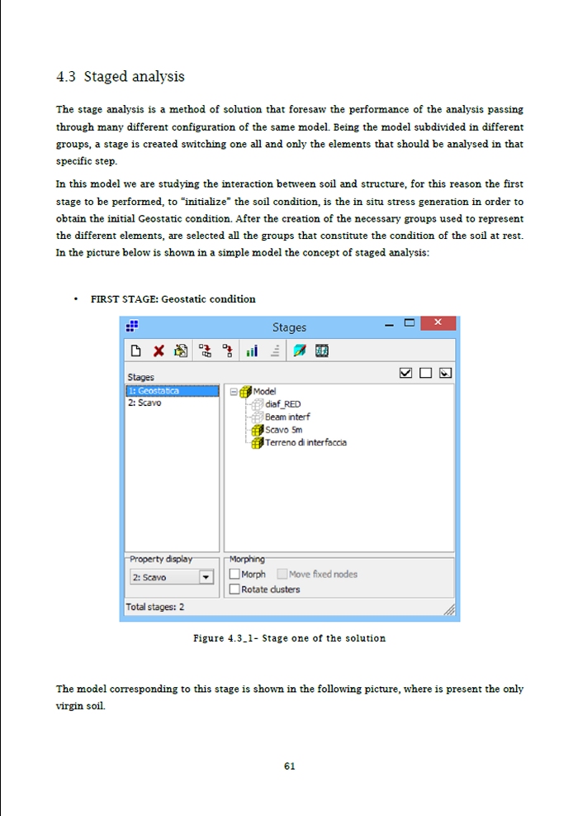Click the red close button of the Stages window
coord(438,322)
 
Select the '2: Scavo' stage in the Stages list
coord(144,403)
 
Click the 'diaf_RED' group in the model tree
coord(283,404)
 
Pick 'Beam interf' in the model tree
coord(287,417)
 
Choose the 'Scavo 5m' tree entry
coord(283,430)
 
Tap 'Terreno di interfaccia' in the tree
coord(306,442)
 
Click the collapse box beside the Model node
coord(234,392)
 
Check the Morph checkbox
coord(235,574)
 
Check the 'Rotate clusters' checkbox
coord(235,589)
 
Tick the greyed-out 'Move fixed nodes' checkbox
coord(282,574)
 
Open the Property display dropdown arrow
coord(206,577)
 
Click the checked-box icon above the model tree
coord(406,374)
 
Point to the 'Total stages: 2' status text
coord(155,607)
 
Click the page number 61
coord(289,766)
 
